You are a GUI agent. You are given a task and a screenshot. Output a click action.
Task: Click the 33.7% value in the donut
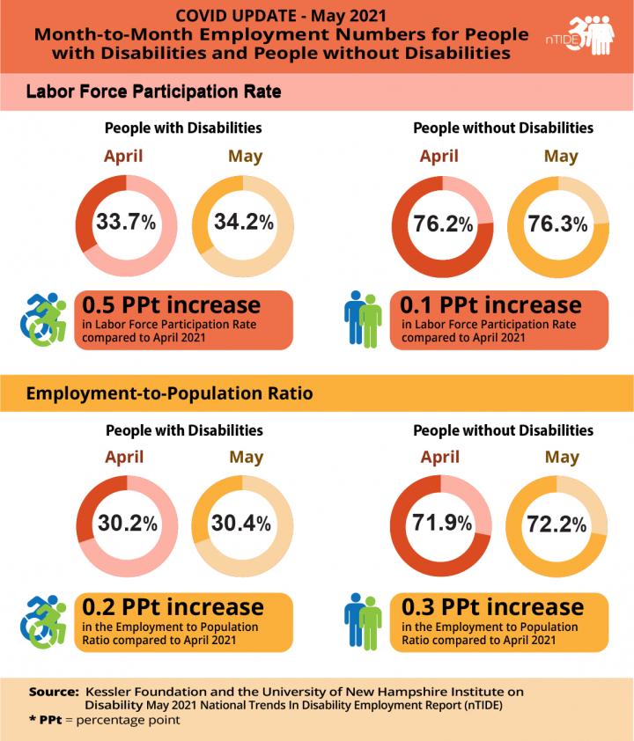click(126, 222)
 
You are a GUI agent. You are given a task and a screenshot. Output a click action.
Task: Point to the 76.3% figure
click(557, 224)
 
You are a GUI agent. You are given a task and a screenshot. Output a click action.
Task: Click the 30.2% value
click(127, 523)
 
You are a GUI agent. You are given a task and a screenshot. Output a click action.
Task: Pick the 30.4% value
click(240, 523)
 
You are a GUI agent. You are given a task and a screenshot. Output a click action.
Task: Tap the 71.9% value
click(442, 524)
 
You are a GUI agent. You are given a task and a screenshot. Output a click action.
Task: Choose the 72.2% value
click(557, 525)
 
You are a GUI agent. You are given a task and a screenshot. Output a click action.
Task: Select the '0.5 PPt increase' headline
click(172, 305)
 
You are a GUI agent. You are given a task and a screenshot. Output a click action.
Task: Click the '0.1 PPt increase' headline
click(491, 305)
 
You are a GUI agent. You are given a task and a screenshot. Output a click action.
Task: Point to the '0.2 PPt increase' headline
click(173, 607)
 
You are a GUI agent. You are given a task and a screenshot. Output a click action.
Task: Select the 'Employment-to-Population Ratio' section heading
click(169, 393)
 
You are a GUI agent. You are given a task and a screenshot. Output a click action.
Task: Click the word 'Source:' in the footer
click(54, 691)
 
